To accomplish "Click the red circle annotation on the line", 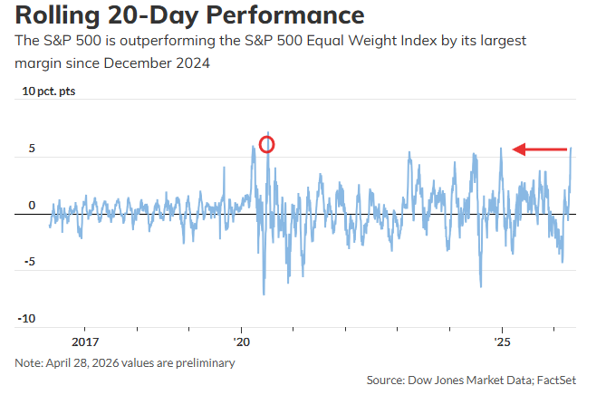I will coord(266,143).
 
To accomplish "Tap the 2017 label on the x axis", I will coord(84,342).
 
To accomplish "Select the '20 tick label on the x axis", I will coord(241,342).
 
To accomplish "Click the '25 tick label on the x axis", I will coord(502,342).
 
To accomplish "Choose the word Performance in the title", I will coord(288,15).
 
